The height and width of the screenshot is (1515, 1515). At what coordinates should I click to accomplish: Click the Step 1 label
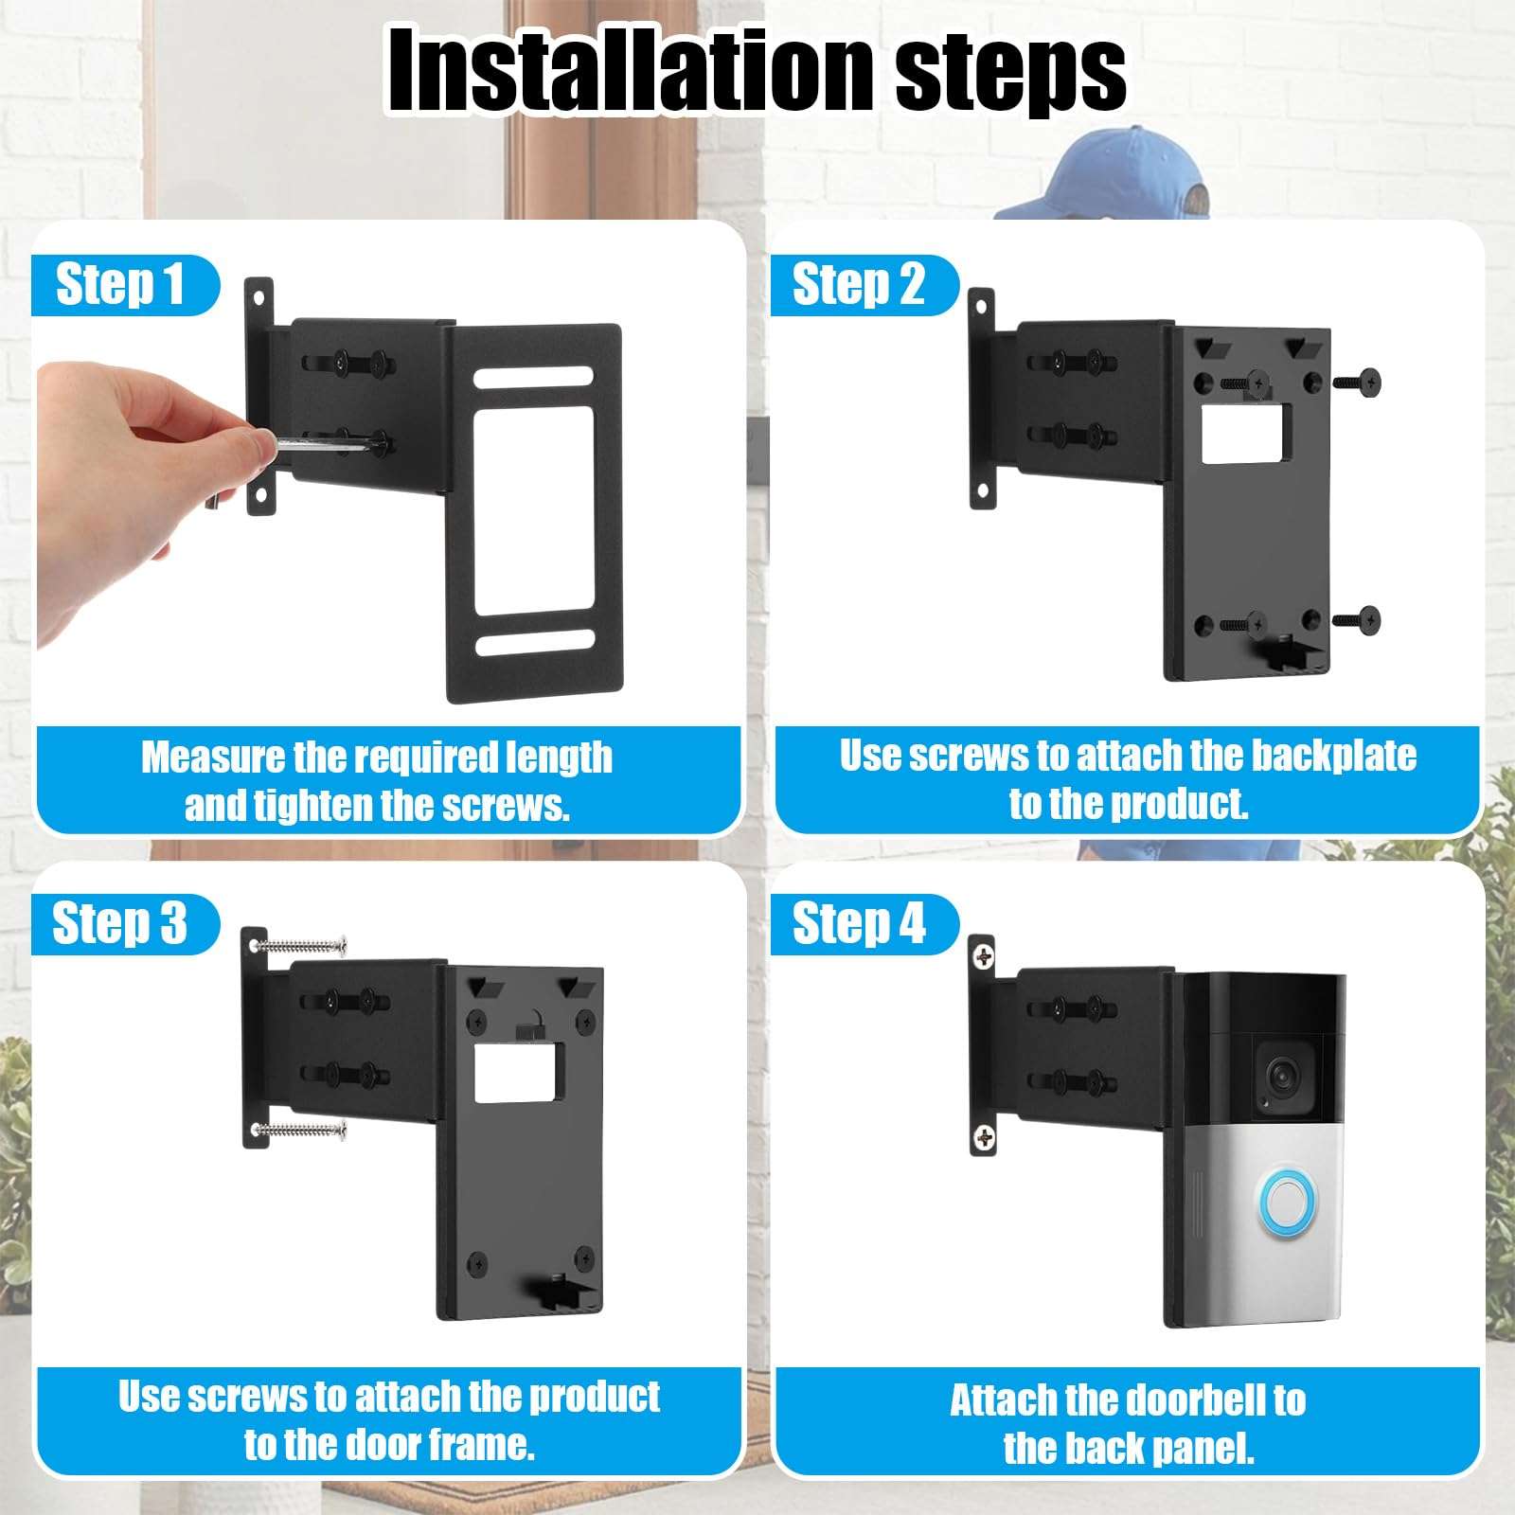(x=120, y=284)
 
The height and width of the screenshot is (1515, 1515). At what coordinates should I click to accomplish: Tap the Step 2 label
(x=859, y=284)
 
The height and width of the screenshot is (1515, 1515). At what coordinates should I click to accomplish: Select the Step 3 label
(x=120, y=923)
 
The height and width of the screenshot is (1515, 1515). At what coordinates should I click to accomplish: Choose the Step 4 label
(x=859, y=923)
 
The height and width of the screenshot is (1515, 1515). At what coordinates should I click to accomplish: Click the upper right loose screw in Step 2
(x=1358, y=383)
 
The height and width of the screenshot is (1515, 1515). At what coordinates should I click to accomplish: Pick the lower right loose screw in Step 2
(x=1358, y=621)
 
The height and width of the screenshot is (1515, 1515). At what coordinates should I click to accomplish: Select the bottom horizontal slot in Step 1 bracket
(x=535, y=643)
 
